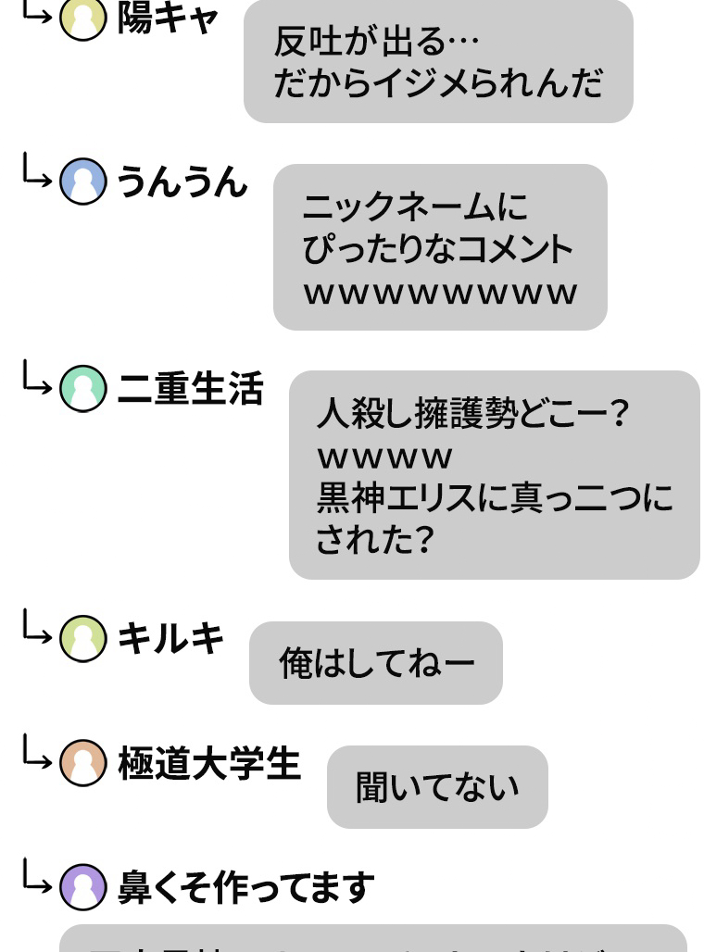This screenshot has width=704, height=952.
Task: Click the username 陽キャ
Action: (168, 18)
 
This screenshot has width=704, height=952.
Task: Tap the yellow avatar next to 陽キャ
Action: (82, 19)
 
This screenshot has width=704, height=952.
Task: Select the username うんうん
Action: (182, 181)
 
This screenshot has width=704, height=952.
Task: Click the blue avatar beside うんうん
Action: (82, 181)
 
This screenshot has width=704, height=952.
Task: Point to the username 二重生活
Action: (190, 389)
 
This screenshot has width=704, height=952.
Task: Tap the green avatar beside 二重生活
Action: (82, 389)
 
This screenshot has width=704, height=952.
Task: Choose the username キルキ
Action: (170, 639)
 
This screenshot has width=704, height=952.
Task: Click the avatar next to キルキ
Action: (82, 639)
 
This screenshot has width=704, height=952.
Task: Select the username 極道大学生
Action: (209, 764)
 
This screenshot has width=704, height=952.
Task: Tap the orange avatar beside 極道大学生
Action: (82, 764)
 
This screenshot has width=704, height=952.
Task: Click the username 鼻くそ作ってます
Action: (245, 887)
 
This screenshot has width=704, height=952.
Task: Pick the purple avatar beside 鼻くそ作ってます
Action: (82, 887)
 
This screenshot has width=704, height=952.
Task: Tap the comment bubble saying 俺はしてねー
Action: (376, 663)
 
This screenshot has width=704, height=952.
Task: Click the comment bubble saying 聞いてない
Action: (437, 787)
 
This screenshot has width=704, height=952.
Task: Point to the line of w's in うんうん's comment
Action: (440, 293)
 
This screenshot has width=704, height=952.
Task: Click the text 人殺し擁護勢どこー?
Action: (472, 413)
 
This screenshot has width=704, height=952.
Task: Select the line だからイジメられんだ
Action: (437, 83)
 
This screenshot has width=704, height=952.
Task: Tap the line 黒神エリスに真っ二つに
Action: (495, 498)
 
